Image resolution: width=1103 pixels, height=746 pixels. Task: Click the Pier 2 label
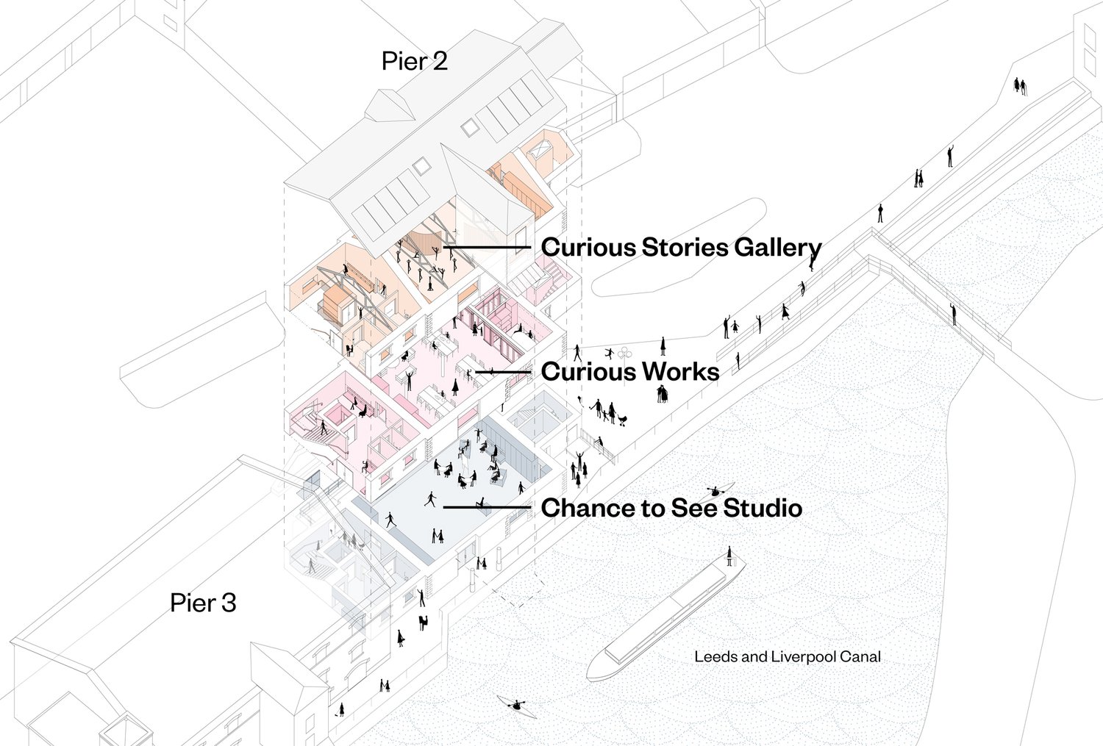[414, 62]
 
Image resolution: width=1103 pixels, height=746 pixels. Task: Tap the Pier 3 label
[203, 603]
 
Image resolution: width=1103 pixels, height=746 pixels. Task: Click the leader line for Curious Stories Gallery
[488, 248]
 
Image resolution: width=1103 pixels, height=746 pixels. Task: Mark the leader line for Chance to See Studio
[486, 508]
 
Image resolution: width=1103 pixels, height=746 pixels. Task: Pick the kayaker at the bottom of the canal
[517, 707]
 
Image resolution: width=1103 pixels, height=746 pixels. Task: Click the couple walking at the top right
[1020, 85]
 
